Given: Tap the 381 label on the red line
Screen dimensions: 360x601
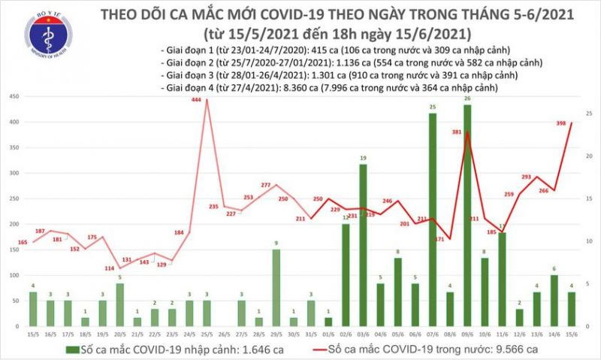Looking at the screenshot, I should click(x=456, y=132).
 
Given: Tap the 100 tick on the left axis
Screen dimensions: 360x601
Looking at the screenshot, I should click(x=14, y=276).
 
